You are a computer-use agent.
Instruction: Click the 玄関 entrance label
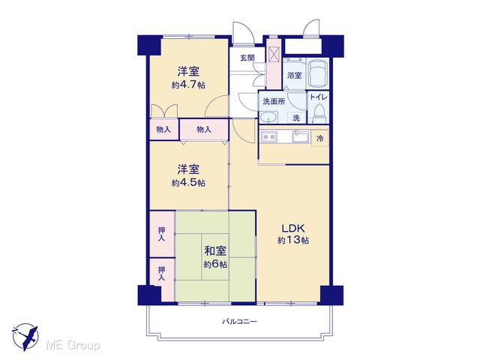[247, 58]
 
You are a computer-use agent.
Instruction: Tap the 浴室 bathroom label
[295, 75]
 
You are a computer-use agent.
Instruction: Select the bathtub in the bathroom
[318, 73]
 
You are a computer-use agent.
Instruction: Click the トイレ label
[319, 97]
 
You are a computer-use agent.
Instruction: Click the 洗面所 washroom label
[274, 101]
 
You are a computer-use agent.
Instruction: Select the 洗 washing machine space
[296, 118]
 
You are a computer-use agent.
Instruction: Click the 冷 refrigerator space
[319, 138]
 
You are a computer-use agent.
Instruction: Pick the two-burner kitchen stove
[269, 136]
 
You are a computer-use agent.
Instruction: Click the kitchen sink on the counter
[301, 136]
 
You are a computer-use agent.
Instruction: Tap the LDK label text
[293, 228]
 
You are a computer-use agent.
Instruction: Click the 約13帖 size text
[293, 240]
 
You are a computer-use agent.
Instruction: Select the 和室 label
[215, 251]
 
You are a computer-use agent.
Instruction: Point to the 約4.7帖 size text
[188, 85]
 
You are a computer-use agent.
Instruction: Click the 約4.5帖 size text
[188, 183]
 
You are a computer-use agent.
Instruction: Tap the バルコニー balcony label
[239, 322]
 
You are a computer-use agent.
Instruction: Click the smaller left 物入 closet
[163, 130]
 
